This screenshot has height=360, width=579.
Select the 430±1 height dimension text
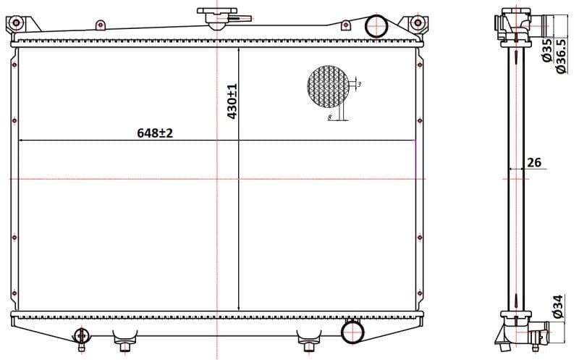(232, 101)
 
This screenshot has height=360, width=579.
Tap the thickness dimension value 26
(533, 162)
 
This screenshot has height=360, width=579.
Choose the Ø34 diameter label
(557, 306)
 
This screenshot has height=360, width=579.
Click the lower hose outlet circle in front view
(353, 332)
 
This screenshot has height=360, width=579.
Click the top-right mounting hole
(417, 25)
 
